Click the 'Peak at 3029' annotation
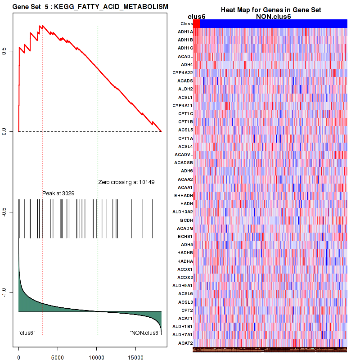[58, 193]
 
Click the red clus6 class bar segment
[197, 23]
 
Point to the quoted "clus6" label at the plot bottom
[27, 333]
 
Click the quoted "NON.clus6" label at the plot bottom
[145, 333]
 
